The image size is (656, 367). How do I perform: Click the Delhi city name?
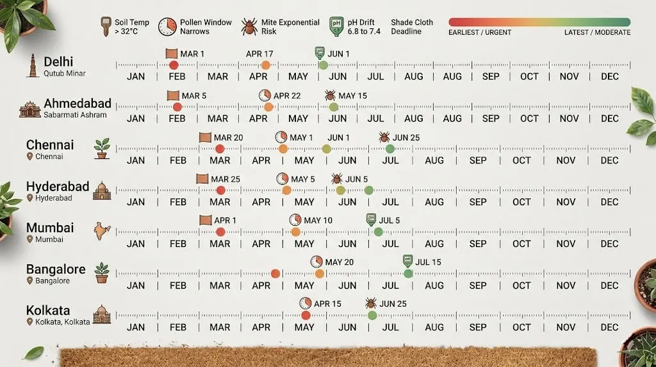[x=58, y=62]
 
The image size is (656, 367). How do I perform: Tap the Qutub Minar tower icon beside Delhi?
[x=33, y=65]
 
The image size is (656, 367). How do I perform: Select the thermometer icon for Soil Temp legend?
[x=106, y=26]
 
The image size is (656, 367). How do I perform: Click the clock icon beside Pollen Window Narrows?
[x=167, y=26]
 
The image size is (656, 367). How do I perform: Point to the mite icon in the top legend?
[x=249, y=26]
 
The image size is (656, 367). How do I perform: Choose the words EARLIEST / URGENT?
[x=480, y=33]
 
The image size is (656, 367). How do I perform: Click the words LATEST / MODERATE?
[x=597, y=33]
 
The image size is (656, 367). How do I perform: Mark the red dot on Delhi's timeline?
[x=174, y=65]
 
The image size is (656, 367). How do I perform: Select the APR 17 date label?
[x=259, y=54]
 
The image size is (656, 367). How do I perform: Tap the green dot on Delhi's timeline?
[x=323, y=65]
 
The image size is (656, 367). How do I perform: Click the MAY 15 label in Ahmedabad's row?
[x=352, y=96]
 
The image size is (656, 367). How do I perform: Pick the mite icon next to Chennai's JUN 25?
[x=384, y=137]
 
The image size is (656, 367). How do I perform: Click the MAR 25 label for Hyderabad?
[x=225, y=179]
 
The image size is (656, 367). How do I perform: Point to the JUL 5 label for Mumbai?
[x=389, y=220]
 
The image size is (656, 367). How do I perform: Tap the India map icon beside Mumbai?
[x=101, y=231]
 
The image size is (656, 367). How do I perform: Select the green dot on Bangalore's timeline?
[x=408, y=273]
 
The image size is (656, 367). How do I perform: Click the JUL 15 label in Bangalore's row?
[x=428, y=262]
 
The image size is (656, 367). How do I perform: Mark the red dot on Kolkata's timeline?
[x=306, y=315]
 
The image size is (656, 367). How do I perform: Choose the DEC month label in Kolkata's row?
[x=609, y=327]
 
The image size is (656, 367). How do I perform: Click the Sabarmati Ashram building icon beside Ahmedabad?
[x=30, y=109]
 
